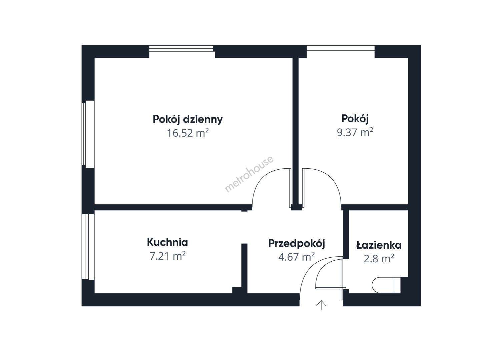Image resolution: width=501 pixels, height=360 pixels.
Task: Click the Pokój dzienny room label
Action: pyautogui.click(x=188, y=119)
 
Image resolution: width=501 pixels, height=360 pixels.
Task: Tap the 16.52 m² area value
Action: pyautogui.click(x=188, y=133)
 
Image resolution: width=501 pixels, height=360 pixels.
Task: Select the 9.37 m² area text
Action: pyautogui.click(x=355, y=132)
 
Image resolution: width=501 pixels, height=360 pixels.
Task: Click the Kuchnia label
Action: pyautogui.click(x=167, y=242)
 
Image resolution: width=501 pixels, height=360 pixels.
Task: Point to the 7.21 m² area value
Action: pyautogui.click(x=167, y=256)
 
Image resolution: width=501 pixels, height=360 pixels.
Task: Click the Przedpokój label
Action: pyautogui.click(x=297, y=243)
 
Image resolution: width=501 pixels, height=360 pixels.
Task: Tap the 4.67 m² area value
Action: pyautogui.click(x=297, y=257)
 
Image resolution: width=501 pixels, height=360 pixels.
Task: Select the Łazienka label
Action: pyautogui.click(x=379, y=245)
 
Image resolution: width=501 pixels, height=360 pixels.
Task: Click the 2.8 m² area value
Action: pyautogui.click(x=379, y=259)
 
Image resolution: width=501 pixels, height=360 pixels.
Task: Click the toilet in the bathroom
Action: pyautogui.click(x=386, y=285)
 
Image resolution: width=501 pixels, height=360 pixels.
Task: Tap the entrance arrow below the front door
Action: pyautogui.click(x=321, y=305)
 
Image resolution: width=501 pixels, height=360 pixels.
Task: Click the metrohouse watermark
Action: pyautogui.click(x=249, y=174)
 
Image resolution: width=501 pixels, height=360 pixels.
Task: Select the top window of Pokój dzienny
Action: pyautogui.click(x=182, y=52)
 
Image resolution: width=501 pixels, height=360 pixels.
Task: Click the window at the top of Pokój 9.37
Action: pyautogui.click(x=341, y=52)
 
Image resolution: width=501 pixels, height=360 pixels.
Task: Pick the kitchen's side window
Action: pyautogui.click(x=88, y=247)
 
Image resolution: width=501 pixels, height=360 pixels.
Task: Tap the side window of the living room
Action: pyautogui.click(x=88, y=134)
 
